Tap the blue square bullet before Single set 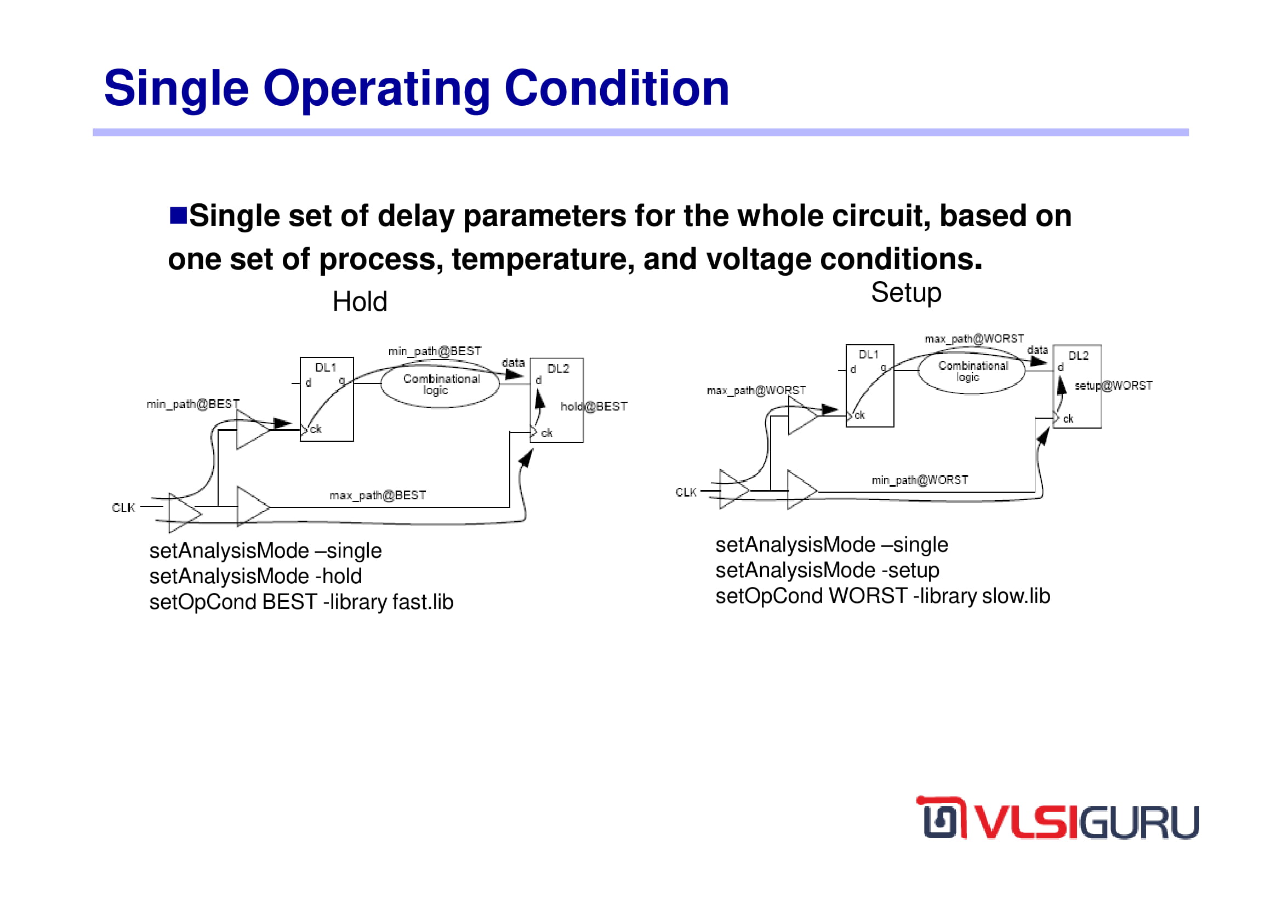[x=178, y=215]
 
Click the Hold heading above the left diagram [x=360, y=302]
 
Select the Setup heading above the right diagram [x=906, y=293]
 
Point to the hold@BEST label [x=594, y=406]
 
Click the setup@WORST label [x=1113, y=386]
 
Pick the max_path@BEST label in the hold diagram [x=378, y=495]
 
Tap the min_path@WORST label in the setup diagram [x=920, y=480]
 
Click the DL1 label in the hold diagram [x=326, y=367]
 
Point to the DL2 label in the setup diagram [x=1078, y=356]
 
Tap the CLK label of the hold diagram [x=123, y=508]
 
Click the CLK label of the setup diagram [x=686, y=492]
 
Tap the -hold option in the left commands [x=338, y=576]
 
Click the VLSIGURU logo [x=1057, y=818]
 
